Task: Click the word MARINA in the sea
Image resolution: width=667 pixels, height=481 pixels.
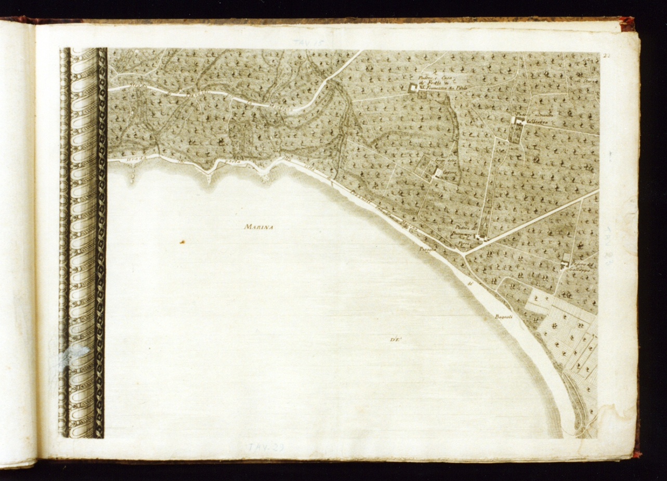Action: tap(259, 226)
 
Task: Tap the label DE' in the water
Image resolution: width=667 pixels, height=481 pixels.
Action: tap(396, 340)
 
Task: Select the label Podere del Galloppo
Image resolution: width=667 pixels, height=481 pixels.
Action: tap(582, 266)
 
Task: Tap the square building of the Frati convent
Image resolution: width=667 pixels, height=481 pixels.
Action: tap(414, 88)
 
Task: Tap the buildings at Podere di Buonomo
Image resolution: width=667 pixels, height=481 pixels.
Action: tap(480, 238)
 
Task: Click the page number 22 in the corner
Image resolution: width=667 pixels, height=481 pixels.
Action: tap(606, 56)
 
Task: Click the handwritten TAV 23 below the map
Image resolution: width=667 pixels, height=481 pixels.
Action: tap(265, 447)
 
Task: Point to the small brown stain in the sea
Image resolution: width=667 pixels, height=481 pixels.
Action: tap(182, 242)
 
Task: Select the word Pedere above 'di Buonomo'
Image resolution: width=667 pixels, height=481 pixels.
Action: tap(463, 228)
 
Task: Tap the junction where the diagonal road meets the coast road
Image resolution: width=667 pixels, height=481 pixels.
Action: tap(463, 255)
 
